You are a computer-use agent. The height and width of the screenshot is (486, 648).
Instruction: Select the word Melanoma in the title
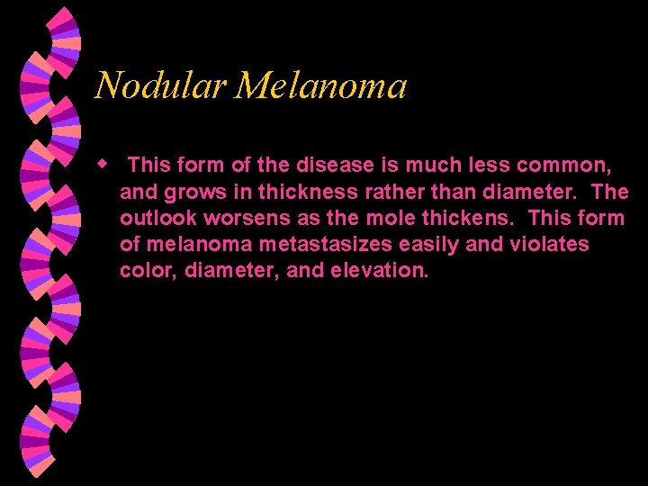pos(321,86)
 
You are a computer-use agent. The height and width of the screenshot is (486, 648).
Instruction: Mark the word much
pos(432,165)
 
